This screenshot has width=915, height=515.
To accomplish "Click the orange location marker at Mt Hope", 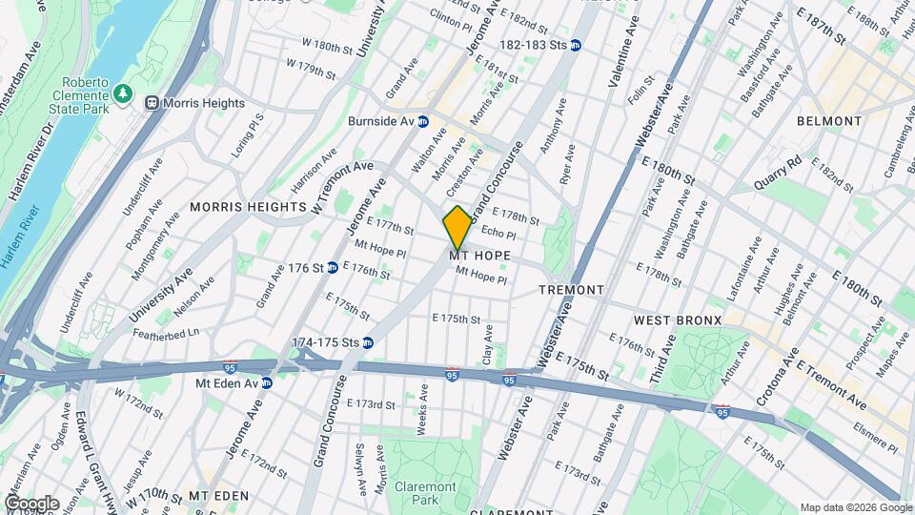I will pos(457,228).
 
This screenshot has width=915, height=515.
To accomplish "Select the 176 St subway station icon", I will pos(333,268).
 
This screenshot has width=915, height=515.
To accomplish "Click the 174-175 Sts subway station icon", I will pos(367,342).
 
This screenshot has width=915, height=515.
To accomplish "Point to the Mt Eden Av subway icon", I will pos(267,382).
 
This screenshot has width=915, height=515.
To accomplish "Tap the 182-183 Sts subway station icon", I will pos(577,45).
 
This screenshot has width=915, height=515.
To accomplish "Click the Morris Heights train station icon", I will pos(151,102).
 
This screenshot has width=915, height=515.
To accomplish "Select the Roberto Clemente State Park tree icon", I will pos(122,93).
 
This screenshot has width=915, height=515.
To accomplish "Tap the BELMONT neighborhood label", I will pos(829,122).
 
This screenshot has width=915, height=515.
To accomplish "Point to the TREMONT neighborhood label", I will pos(572,289).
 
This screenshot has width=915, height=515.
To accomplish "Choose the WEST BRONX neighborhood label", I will pos(678,319).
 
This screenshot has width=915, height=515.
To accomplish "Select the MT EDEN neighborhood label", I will pos(218,496).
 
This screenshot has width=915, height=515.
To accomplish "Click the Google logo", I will pos(31,503).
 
